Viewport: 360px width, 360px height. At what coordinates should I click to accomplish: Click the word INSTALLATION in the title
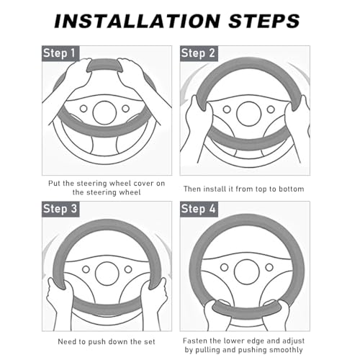[137, 21]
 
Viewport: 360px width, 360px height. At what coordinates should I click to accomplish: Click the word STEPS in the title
[264, 21]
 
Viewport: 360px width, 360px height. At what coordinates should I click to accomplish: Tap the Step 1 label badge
[60, 53]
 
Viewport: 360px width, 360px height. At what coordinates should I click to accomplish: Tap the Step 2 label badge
[199, 53]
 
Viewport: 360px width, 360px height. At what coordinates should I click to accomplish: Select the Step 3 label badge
[60, 209]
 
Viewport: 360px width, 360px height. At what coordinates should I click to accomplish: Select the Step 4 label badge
[199, 209]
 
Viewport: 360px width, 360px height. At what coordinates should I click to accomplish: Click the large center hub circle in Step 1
[104, 113]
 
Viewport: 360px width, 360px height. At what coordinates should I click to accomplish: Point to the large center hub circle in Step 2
[248, 114]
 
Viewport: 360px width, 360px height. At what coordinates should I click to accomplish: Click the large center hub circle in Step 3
[107, 274]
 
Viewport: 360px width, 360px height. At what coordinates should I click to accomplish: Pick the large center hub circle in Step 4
[247, 272]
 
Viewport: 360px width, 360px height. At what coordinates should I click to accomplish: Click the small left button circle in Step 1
[84, 109]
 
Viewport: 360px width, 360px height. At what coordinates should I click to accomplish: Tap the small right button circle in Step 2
[271, 109]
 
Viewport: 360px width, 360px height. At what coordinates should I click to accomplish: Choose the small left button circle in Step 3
[86, 269]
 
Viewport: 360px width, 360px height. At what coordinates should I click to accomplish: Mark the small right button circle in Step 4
[269, 267]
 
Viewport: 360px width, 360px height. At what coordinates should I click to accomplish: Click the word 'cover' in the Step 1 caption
[143, 184]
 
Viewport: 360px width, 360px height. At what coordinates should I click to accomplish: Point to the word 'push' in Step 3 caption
[96, 342]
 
